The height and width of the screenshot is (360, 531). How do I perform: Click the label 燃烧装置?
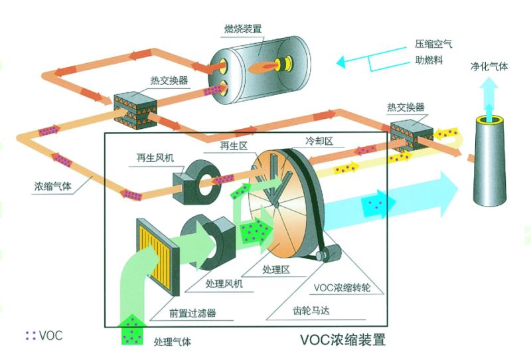tap(243, 29)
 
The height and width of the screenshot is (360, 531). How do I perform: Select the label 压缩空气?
tap(433, 44)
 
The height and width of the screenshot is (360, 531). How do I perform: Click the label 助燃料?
tap(429, 60)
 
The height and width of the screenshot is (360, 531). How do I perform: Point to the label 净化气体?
tap(489, 66)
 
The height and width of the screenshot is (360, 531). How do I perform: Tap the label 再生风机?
tap(155, 157)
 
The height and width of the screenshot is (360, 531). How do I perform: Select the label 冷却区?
tap(319, 141)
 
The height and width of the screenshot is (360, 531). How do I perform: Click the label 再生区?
tap(234, 145)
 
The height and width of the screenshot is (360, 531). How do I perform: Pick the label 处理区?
tap(276, 270)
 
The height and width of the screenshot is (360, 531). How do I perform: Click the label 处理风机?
tap(224, 284)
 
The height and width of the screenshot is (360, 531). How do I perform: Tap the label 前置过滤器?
tap(192, 314)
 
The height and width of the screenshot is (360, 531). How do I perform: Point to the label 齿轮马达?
tap(311, 310)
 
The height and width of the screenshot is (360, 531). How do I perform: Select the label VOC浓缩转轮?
tap(342, 288)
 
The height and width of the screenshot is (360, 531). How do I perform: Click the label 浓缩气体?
tap(53, 186)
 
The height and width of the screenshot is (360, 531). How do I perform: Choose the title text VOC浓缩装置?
tap(342, 339)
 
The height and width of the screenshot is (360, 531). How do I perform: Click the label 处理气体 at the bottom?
tap(173, 341)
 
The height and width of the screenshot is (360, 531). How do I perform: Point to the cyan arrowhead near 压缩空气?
tap(341, 62)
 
